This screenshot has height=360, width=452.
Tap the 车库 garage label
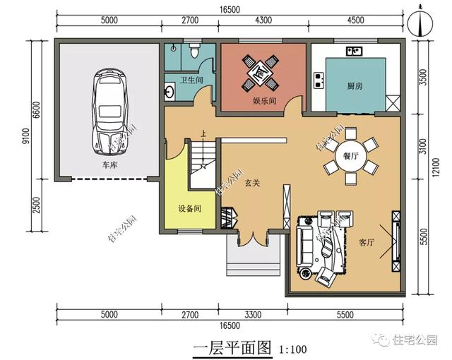(x=110, y=165)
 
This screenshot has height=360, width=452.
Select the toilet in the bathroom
(x=195, y=51)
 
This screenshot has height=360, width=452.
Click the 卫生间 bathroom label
(x=191, y=80)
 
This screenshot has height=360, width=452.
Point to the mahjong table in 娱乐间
(x=260, y=73)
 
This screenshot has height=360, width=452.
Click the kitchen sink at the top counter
(x=355, y=52)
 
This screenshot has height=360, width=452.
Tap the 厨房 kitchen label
(x=355, y=86)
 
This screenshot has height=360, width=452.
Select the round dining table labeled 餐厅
(x=350, y=157)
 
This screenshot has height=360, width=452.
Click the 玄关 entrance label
(x=253, y=183)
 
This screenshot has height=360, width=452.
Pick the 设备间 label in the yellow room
(x=190, y=208)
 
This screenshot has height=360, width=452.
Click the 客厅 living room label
(x=367, y=242)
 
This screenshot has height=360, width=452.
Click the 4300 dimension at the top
(x=263, y=20)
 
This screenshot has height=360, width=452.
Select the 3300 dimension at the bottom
(x=253, y=314)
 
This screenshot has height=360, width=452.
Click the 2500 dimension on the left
(x=37, y=205)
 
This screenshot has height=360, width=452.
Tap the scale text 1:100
(x=292, y=349)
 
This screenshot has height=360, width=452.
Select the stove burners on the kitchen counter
(x=319, y=80)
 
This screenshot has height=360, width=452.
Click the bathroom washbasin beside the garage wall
(x=169, y=92)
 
